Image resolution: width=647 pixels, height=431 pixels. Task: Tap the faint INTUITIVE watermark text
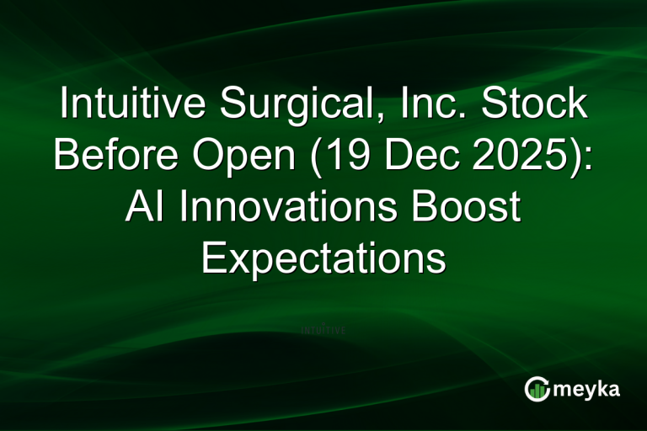point(323,331)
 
